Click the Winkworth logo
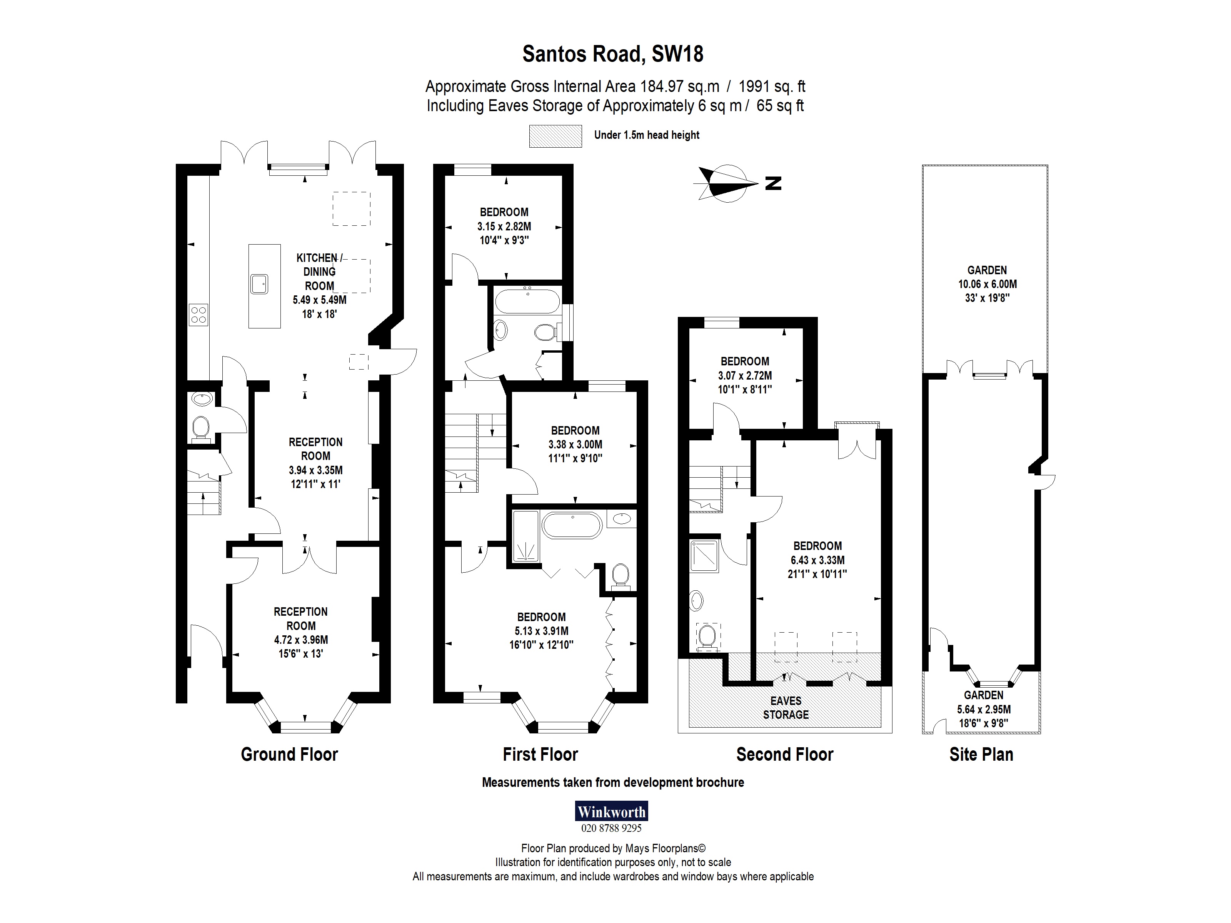click(611, 811)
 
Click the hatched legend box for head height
click(555, 136)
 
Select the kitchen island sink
click(259, 284)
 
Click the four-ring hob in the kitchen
click(198, 314)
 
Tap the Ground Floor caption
click(289, 755)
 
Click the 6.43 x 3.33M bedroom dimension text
click(817, 560)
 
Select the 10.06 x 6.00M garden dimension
click(987, 284)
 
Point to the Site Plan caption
click(981, 755)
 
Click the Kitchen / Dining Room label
click(319, 272)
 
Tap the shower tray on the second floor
click(704, 555)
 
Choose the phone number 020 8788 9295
click(611, 828)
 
